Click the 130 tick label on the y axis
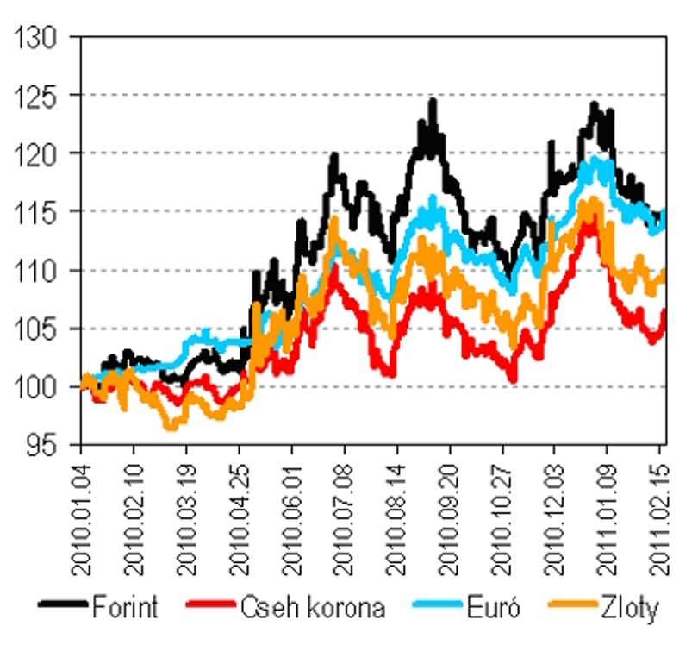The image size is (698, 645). [35, 38]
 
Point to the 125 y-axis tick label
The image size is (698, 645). [35, 97]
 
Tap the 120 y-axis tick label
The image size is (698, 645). [35, 155]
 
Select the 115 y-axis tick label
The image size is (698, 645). [35, 213]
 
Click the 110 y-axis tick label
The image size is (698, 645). [35, 272]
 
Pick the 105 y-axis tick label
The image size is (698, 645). [35, 330]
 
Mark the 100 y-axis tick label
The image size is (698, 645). [35, 388]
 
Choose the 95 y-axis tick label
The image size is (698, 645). [42, 446]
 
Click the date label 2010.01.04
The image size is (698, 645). [81, 519]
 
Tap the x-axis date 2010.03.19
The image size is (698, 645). [186, 519]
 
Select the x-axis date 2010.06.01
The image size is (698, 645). [292, 519]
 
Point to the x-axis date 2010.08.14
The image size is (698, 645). [397, 519]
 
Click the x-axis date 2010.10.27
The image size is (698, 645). [502, 519]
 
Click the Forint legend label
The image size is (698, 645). [125, 607]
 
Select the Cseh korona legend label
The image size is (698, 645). [313, 607]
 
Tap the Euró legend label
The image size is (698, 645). [493, 607]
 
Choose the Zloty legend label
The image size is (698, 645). [629, 608]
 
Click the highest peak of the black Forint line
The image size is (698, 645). [433, 101]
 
